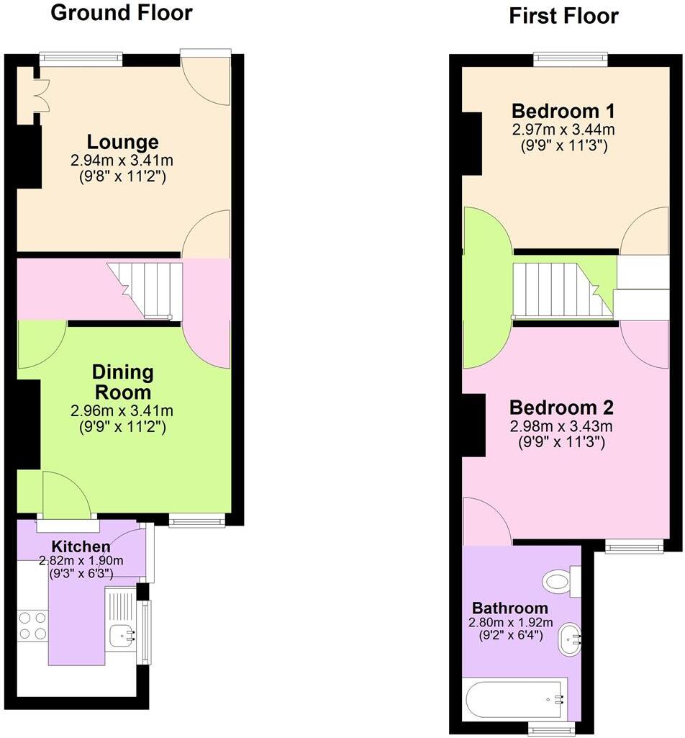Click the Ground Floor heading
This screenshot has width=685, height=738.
[x=122, y=12]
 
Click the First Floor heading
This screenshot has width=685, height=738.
[x=563, y=16]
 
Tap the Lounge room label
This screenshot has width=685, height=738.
[x=122, y=142]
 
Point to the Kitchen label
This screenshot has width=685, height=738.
[x=81, y=546]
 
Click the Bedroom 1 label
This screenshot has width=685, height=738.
[x=563, y=112]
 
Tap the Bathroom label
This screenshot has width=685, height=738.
[x=510, y=607]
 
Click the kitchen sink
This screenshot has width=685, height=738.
[x=121, y=635]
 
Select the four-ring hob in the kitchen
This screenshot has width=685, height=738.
[x=32, y=625]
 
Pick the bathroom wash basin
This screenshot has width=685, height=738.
[x=570, y=639]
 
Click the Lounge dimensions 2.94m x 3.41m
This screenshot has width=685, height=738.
[x=122, y=160]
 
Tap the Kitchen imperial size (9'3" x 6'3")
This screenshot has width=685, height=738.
[x=81, y=573]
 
